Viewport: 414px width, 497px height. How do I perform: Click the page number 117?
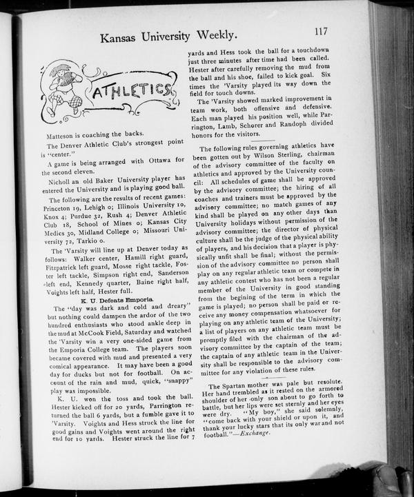319,31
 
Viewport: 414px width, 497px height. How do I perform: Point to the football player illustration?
61,89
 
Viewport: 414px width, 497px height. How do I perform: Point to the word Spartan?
237,386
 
